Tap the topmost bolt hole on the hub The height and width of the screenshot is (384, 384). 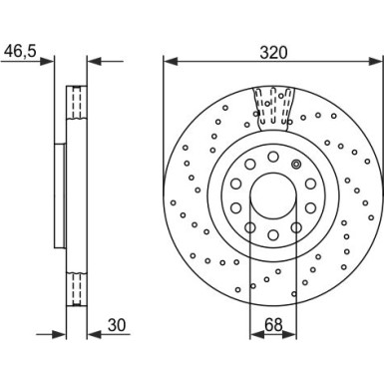(271, 155)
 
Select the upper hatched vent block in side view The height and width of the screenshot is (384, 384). (76, 103)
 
